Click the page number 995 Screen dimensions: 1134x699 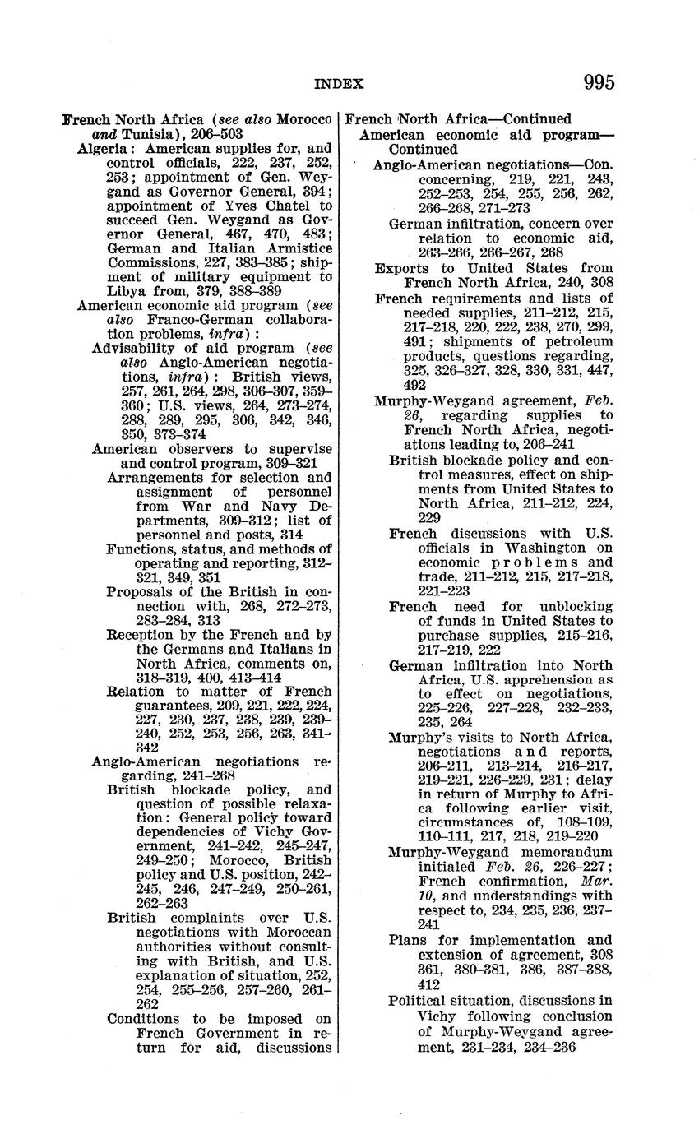[x=599, y=82]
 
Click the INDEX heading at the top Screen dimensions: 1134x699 [x=339, y=83]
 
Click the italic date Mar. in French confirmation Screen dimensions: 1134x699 [x=596, y=882]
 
